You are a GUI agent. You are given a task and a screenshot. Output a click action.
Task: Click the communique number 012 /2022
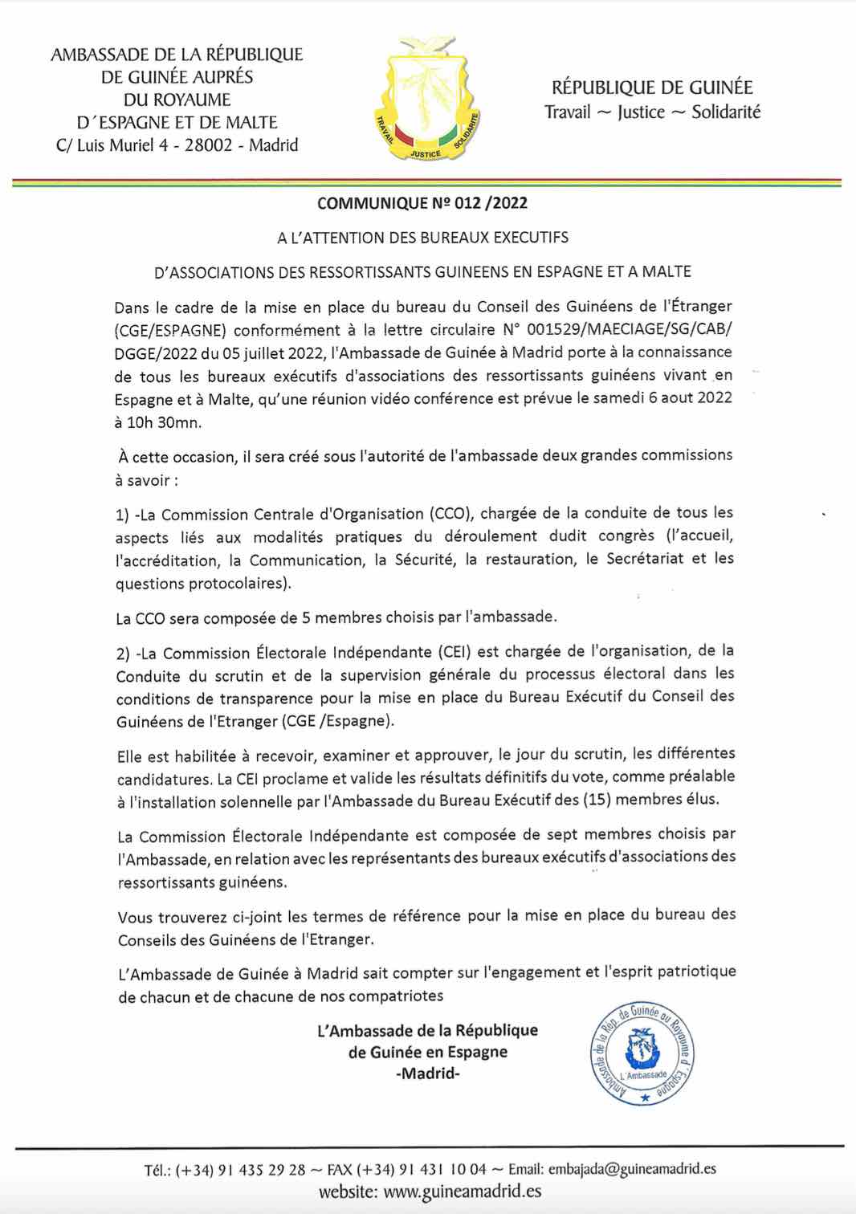click(x=490, y=203)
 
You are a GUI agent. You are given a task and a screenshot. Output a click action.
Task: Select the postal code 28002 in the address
click(x=213, y=145)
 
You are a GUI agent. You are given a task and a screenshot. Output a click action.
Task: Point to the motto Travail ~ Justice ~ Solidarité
click(x=652, y=112)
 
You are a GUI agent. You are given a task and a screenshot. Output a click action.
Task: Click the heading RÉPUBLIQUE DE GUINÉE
click(x=652, y=88)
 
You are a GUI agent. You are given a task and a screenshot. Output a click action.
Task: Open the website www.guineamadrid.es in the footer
click(x=462, y=1192)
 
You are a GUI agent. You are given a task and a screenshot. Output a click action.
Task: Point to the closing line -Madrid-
click(x=428, y=1073)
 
